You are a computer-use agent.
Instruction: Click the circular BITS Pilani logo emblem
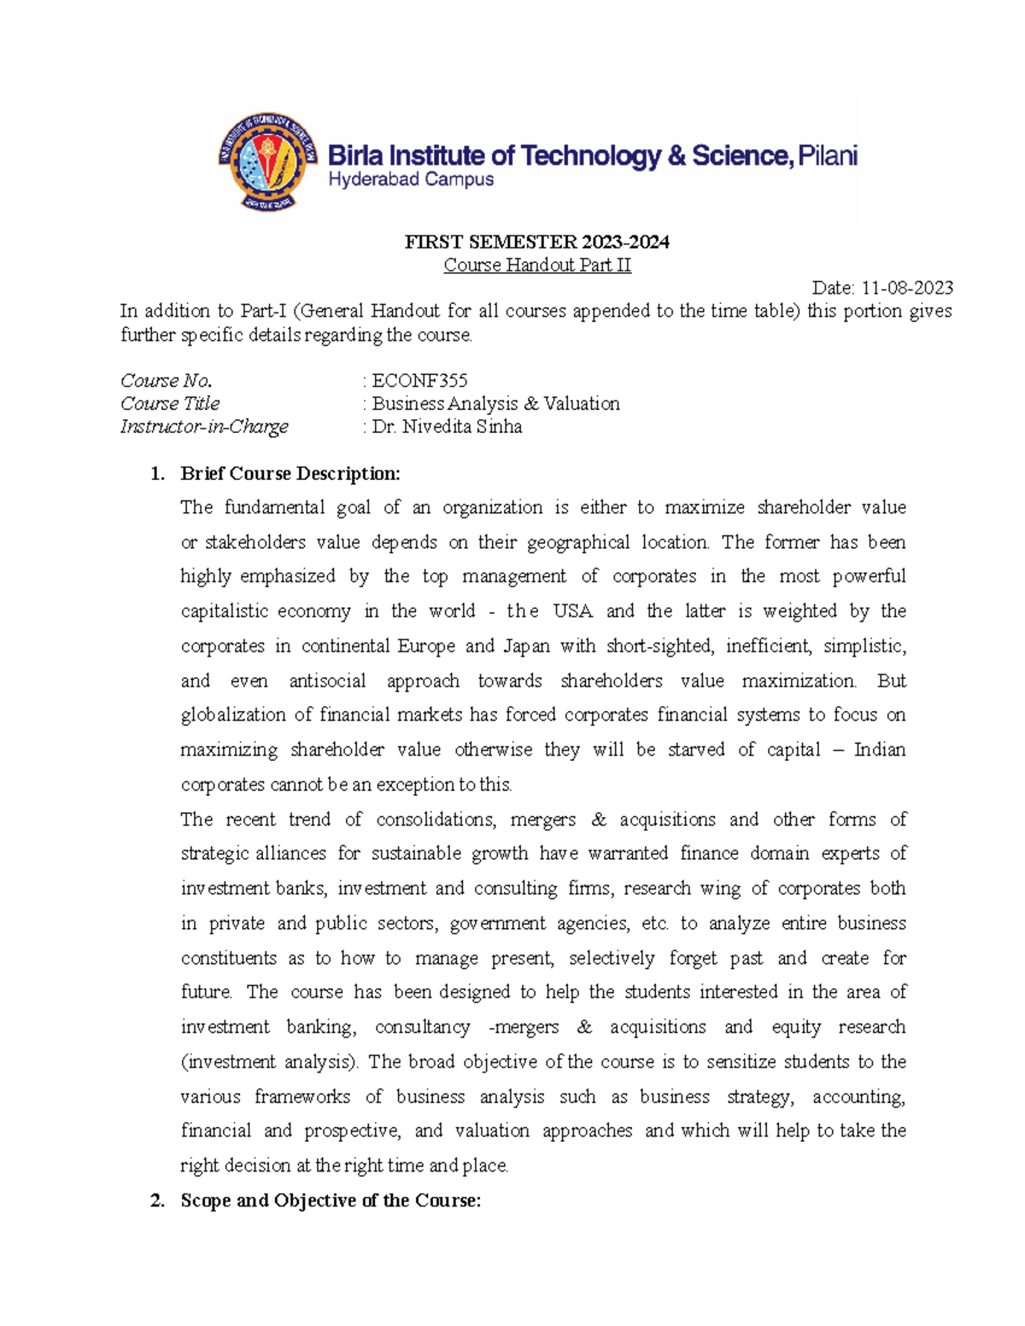pos(268,162)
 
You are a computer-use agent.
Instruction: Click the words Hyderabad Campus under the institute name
pos(411,179)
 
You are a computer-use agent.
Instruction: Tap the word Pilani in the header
pos(827,155)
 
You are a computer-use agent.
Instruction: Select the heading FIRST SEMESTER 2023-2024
pos(536,242)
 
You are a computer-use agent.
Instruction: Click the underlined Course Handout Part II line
pos(536,266)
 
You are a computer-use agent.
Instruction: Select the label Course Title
pos(170,404)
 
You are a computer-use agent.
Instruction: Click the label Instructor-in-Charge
pos(204,427)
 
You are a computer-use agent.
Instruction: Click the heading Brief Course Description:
pos(290,474)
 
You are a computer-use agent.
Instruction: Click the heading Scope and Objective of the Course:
pos(331,1201)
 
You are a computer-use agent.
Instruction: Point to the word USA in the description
pos(572,611)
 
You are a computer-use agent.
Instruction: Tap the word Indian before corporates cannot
pos(879,751)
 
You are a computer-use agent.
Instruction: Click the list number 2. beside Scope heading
pos(157,1201)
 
